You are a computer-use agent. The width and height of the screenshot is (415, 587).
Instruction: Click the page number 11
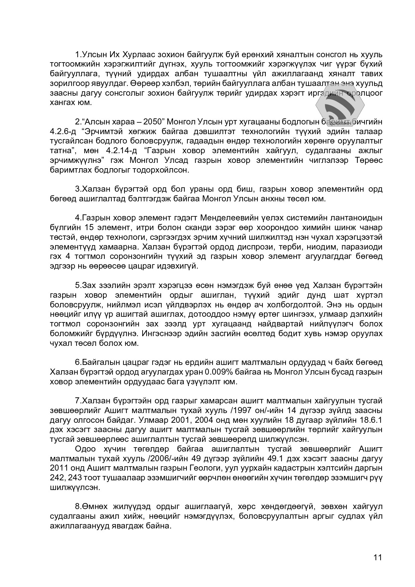coord(378,557)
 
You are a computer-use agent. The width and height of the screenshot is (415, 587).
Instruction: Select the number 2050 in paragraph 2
coord(153,121)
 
